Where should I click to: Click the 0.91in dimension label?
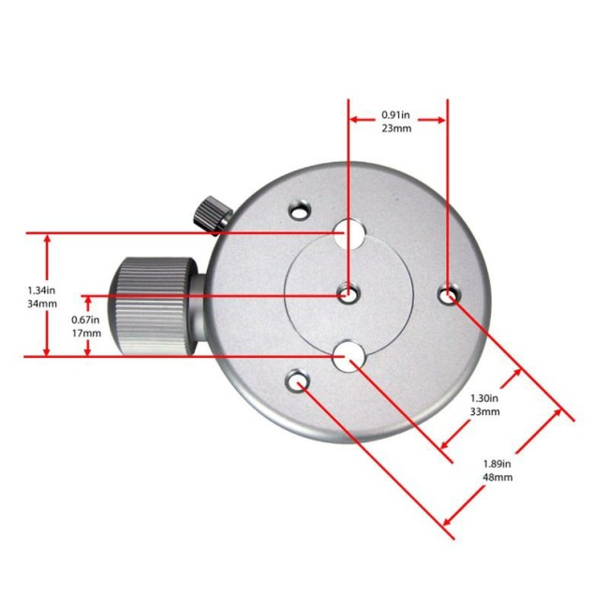click(x=395, y=115)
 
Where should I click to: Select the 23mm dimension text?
click(x=396, y=128)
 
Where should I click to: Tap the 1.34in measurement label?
click(x=41, y=290)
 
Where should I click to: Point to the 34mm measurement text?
click(x=42, y=304)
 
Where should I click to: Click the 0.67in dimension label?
click(x=85, y=320)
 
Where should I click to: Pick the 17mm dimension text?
click(x=86, y=334)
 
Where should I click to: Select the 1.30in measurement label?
click(x=484, y=398)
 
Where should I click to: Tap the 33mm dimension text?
click(x=484, y=411)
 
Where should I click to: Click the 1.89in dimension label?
click(x=497, y=464)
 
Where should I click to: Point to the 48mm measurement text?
click(x=498, y=477)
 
